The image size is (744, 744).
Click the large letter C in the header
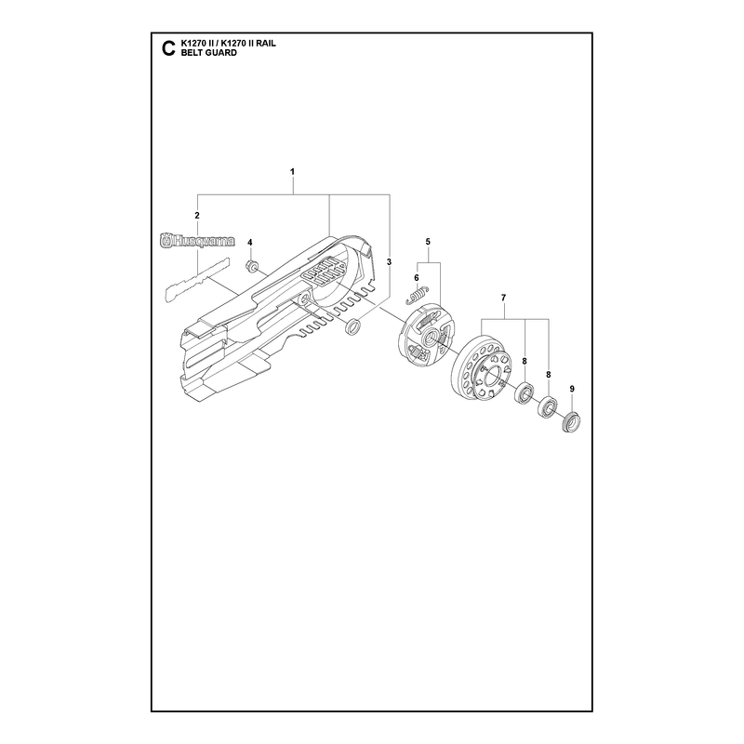click(168, 48)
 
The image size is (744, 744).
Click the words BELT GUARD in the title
click(208, 53)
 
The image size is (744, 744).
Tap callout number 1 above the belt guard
click(292, 171)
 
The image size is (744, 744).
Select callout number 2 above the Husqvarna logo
click(197, 216)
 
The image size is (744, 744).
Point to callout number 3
click(389, 262)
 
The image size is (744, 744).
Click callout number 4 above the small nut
click(250, 243)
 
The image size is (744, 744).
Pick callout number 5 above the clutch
click(428, 242)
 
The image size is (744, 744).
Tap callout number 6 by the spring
click(417, 277)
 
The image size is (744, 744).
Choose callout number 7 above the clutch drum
click(503, 298)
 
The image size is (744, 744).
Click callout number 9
click(572, 389)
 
